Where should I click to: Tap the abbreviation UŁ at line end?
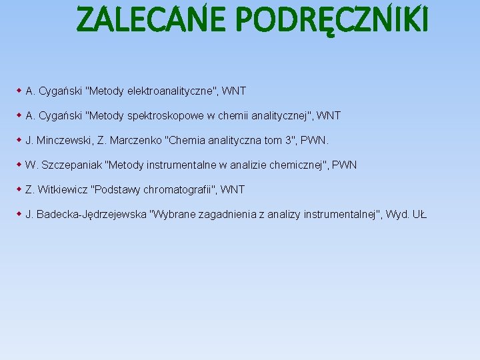pyautogui.click(x=419, y=215)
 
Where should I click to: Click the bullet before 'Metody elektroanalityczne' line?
pyautogui.click(x=19, y=90)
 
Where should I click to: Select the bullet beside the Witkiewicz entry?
pyautogui.click(x=19, y=189)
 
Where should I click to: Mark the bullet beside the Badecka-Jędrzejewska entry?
pyautogui.click(x=19, y=214)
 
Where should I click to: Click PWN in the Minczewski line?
pyautogui.click(x=316, y=141)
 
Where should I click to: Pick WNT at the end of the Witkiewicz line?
pyautogui.click(x=233, y=190)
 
